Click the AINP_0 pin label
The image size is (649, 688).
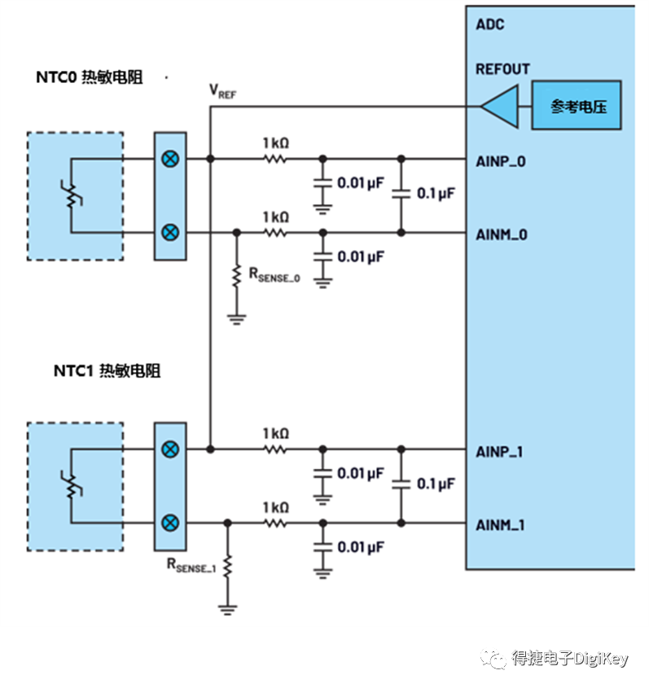501,160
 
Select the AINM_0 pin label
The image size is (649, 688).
502,234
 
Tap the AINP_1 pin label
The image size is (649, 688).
501,451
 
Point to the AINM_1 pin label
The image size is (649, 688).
501,525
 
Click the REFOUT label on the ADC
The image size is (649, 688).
502,69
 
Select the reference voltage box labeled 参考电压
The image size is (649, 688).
577,106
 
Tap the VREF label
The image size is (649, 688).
222,90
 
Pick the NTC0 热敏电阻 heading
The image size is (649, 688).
89,78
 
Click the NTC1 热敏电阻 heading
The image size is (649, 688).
107,370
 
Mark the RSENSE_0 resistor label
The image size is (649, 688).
274,275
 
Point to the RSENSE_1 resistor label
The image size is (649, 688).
190,565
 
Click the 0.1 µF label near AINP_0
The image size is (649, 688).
435,193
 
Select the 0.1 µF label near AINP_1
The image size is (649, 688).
435,484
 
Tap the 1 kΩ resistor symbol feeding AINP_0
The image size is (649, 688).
275,159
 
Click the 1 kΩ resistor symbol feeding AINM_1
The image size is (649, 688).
275,523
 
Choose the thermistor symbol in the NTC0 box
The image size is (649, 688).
73,195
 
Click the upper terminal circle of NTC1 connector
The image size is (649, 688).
169,449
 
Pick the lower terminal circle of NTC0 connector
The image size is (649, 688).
169,232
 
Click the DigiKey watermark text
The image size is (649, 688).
569,658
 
